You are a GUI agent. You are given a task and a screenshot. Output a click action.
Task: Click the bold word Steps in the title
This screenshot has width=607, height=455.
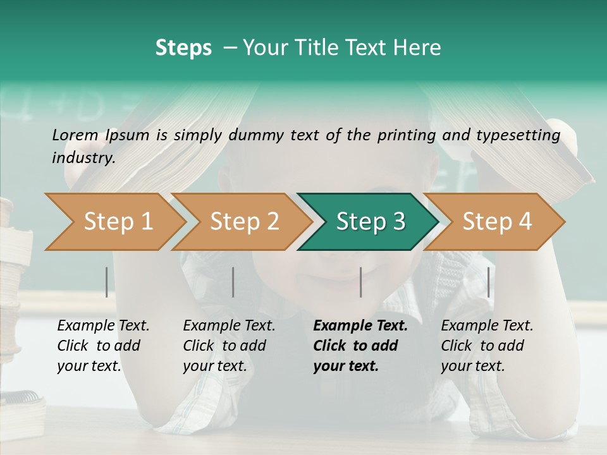183,48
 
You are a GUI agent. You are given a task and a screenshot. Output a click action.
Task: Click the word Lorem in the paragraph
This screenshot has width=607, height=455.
75,135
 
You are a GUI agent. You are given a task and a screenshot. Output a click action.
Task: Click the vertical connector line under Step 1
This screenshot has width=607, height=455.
107,282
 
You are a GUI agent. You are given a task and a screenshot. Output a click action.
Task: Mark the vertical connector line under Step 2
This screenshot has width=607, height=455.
233,282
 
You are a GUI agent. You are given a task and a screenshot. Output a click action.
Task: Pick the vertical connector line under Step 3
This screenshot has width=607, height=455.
361,282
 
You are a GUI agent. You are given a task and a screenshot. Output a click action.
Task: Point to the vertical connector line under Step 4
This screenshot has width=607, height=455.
489,282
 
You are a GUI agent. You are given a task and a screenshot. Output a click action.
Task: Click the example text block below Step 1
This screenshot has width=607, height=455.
104,346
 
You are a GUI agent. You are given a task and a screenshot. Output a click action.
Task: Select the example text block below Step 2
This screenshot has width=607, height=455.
230,346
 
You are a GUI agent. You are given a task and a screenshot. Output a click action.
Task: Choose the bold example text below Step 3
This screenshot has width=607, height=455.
360,346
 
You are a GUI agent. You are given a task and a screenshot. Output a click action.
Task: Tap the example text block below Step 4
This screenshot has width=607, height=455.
487,346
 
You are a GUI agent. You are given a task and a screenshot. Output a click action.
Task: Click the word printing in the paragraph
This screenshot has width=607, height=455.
407,135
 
